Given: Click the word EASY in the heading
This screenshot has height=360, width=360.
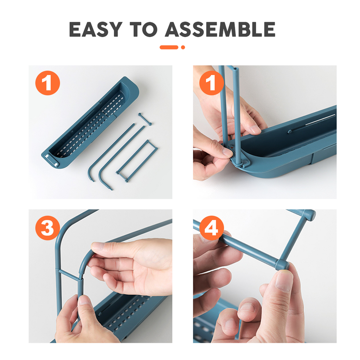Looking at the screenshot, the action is pos(96,30).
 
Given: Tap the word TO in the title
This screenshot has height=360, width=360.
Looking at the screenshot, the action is pos(143,30).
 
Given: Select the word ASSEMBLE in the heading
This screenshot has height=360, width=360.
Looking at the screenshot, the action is pos(220,30).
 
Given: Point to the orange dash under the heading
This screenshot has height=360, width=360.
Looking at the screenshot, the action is pos(169,47).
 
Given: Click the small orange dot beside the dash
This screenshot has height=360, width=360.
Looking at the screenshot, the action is pos(183,47).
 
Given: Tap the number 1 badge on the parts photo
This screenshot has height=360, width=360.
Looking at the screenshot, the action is pos(47,83).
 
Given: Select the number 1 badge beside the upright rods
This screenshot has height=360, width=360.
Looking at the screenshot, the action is pos(211,83).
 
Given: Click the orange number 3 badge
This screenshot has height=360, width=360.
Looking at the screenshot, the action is pos(47,228).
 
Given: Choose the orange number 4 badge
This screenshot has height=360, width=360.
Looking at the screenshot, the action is pos(211,228).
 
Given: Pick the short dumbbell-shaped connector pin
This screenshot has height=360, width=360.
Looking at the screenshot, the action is pos(145,119).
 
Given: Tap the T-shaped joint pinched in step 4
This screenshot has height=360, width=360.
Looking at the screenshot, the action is pos(282,264).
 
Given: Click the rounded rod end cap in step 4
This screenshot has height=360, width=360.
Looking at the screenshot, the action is pos(310,215).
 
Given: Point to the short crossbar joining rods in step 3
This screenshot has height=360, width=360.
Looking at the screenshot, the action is pos(69,274).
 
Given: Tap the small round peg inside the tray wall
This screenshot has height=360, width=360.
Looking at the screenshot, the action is pos(290,132).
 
